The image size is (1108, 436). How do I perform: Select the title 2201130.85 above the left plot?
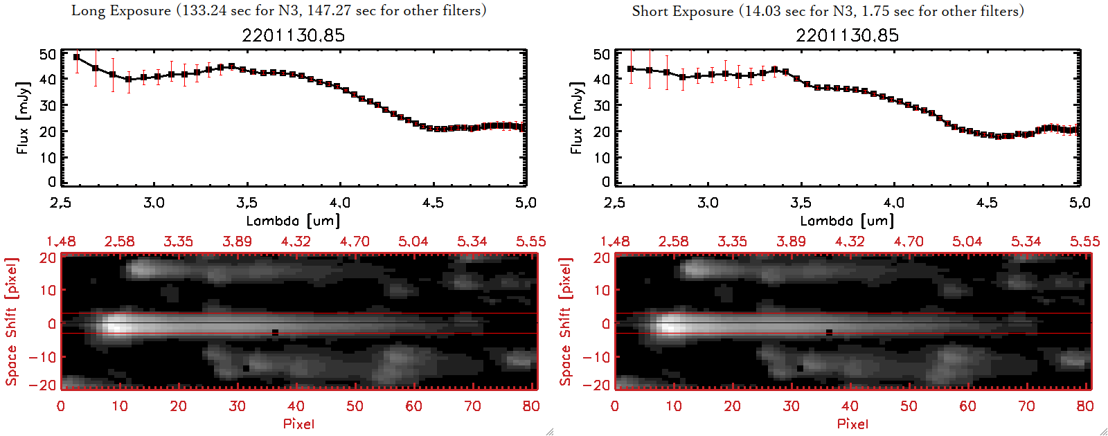[x=293, y=35]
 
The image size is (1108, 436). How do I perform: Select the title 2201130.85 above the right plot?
[x=847, y=35]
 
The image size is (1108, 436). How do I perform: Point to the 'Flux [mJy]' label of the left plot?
[x=23, y=118]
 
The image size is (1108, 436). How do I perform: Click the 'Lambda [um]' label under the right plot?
[x=847, y=221]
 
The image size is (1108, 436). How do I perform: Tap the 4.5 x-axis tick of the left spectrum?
[x=433, y=203]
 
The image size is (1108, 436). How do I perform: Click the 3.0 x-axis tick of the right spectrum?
[x=708, y=203]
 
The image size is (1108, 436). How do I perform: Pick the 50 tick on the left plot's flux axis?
[x=48, y=54]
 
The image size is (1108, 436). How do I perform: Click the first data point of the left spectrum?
[x=77, y=57]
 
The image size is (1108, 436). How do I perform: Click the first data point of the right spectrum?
[x=631, y=69]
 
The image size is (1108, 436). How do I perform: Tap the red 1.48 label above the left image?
[x=61, y=242]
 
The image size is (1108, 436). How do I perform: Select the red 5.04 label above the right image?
[x=967, y=242]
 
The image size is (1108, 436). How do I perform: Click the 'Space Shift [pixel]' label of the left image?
[x=11, y=322]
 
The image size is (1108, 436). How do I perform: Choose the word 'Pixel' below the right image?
[x=852, y=424]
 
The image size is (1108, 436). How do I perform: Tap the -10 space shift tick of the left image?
[x=42, y=356]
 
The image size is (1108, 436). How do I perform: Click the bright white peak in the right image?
[x=670, y=324]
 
